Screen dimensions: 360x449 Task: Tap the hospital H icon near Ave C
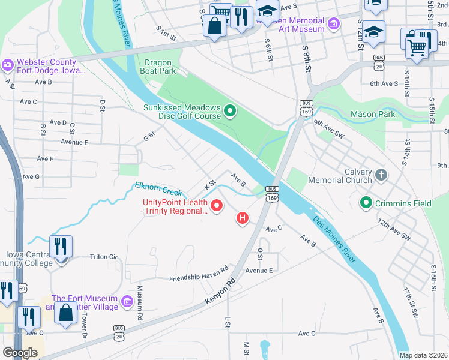point(243,217)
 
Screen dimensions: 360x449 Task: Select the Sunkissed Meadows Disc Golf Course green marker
point(229,110)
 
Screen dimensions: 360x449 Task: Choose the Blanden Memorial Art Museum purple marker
point(333,24)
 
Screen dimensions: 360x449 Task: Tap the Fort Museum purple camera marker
point(127,301)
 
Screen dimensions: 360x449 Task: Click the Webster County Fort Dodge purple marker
point(8,64)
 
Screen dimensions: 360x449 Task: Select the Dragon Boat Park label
point(160,67)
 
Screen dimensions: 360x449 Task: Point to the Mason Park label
point(373,114)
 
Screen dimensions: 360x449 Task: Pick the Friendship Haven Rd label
point(199,274)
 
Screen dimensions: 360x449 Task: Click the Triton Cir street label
point(103,257)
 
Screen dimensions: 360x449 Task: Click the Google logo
point(20,353)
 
